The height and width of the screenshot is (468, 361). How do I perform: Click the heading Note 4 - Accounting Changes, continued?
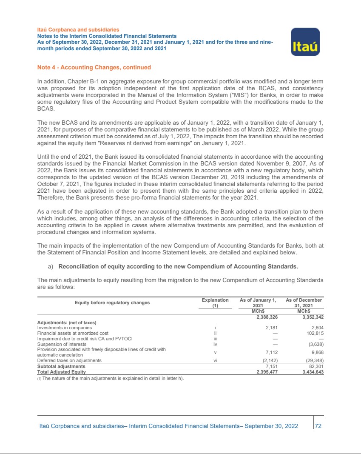click(x=94, y=67)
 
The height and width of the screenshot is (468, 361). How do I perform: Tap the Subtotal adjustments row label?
click(x=61, y=366)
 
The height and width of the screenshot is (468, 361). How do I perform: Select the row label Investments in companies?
click(x=64, y=328)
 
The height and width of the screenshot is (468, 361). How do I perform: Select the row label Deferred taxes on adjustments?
click(x=69, y=360)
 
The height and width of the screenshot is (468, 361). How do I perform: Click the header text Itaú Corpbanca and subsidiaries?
click(x=77, y=30)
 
